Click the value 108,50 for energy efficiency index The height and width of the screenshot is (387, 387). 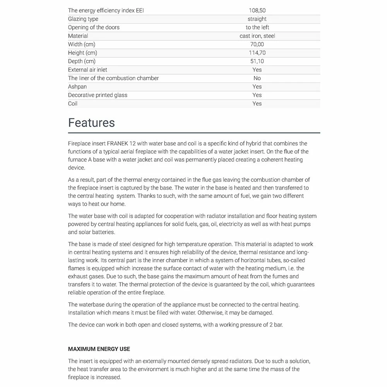click(x=257, y=10)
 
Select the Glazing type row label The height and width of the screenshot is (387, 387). click(x=83, y=19)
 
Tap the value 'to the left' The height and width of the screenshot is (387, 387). click(x=257, y=27)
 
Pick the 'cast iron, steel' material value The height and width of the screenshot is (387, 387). click(x=257, y=36)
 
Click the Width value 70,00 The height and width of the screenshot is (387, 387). click(x=257, y=45)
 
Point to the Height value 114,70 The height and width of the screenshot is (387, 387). click(x=257, y=53)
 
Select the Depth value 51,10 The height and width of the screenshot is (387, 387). click(x=257, y=61)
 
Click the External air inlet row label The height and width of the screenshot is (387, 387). click(x=87, y=70)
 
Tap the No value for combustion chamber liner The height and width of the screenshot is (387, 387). click(x=257, y=78)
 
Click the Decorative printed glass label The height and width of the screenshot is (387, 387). click(x=98, y=95)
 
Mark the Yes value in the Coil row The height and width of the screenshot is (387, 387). click(x=257, y=104)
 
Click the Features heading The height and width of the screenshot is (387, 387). click(x=91, y=123)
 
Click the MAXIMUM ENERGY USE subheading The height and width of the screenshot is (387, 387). click(x=99, y=349)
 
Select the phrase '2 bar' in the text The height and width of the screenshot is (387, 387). click(x=275, y=325)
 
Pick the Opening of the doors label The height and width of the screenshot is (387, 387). click(x=94, y=27)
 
